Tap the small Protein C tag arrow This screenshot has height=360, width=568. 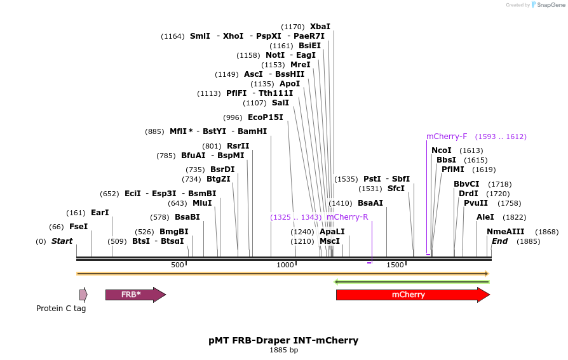[x=83, y=295]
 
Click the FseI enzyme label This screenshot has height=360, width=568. [x=78, y=227]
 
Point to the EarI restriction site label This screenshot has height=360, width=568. [x=100, y=213]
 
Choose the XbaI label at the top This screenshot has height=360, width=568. [x=320, y=27]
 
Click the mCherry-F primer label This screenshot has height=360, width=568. [x=446, y=137]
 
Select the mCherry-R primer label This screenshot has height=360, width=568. [x=347, y=217]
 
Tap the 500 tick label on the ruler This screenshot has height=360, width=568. [x=177, y=265]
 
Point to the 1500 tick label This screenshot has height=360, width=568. [x=395, y=265]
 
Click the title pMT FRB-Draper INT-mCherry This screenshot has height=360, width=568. [x=283, y=340]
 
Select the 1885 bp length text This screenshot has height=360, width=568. [x=283, y=350]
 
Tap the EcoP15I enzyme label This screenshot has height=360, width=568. [x=265, y=117]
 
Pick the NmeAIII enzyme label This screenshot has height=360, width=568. [x=505, y=232]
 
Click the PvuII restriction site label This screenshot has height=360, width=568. [x=475, y=203]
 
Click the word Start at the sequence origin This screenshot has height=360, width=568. [x=62, y=241]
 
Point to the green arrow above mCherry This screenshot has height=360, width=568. [x=412, y=281]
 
